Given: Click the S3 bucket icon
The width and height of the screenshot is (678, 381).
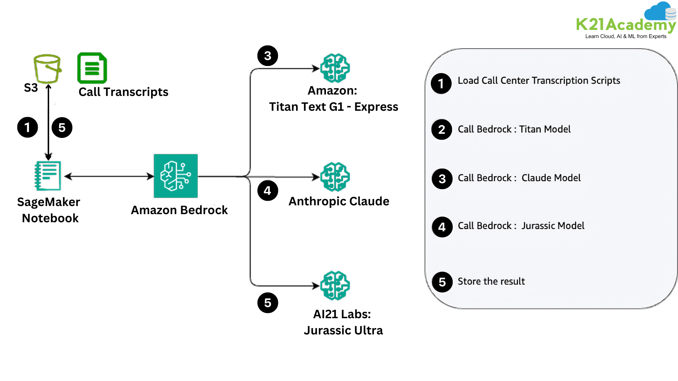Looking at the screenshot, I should (47, 68).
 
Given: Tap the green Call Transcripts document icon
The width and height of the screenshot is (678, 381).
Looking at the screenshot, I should (92, 68).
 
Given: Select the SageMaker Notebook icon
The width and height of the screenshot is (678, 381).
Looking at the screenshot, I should (48, 176).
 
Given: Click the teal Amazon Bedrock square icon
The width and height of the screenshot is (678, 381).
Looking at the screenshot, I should (176, 176).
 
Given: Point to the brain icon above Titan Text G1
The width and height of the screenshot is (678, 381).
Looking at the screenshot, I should (335, 68).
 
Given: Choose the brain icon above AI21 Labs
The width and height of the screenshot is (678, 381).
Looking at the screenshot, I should (335, 285).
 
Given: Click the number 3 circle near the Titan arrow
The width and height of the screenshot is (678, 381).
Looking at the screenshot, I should (268, 56).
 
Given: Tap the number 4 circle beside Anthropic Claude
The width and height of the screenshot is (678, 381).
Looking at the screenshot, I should (268, 191).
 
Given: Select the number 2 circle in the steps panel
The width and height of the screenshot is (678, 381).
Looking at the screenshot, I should (441, 129).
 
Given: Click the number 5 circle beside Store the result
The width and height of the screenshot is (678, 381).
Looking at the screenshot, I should (442, 282).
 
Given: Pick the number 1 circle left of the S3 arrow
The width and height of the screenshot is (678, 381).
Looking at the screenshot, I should (28, 127).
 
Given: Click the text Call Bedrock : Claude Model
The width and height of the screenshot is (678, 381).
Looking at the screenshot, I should (519, 178).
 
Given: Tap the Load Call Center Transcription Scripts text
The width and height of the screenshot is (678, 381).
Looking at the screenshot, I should (539, 81).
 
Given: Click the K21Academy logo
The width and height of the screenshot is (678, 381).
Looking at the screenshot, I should (626, 21).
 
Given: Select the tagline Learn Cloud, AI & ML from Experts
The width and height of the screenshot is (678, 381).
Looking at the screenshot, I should (626, 36).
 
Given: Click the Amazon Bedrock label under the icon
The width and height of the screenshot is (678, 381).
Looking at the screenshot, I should (179, 210).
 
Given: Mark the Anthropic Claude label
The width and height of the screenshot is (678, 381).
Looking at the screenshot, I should (339, 201).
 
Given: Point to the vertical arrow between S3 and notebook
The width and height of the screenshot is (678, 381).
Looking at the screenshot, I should (48, 122).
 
